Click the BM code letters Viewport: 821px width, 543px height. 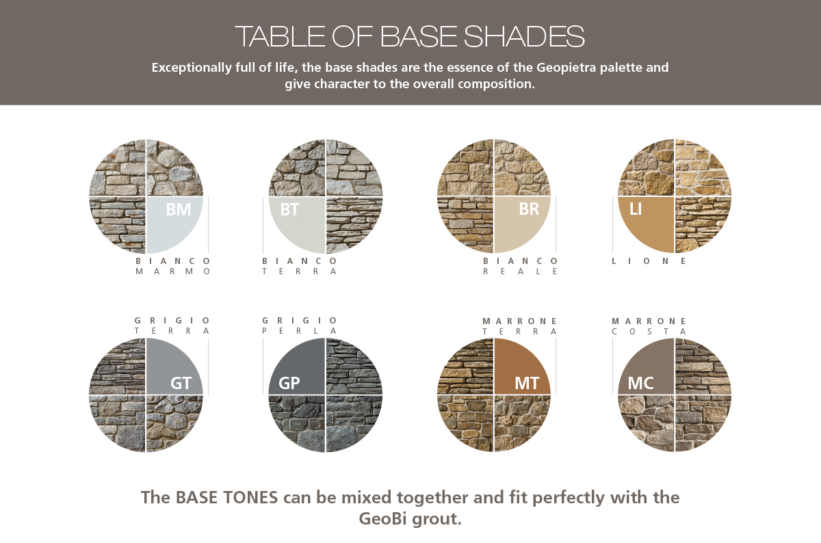pos(179,209)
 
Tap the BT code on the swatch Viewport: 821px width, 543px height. pos(289,209)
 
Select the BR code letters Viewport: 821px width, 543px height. pos(529,209)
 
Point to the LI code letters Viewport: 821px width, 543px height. pos(636,209)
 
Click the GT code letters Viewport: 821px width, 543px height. pos(181,383)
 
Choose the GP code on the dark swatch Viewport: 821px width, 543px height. pos(289,383)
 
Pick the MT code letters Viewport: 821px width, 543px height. pos(527,383)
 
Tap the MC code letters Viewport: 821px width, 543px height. pos(640,383)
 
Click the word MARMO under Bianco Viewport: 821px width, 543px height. pos(173,271)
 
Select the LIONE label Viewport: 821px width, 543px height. pos(649,261)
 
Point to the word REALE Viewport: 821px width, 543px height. pos(520,271)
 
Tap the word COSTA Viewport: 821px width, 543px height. pos(649,332)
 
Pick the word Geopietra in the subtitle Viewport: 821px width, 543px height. pos(566,68)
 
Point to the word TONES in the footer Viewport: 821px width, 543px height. pos(251,497)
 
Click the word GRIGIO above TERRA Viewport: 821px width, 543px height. pos(172,321)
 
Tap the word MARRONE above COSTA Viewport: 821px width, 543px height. pos(649,321)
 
